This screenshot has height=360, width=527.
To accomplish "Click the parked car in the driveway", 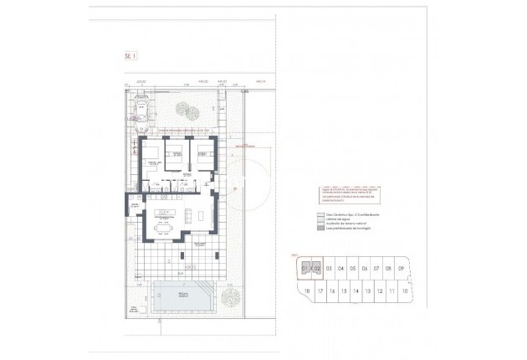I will pos(143,111).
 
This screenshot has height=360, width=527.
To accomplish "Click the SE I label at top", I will pos(130,56).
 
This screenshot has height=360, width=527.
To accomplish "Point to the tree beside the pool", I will pos(230,295).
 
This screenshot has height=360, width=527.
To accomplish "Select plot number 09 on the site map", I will pos(402,269).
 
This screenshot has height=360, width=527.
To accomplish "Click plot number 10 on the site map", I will pos(404,291).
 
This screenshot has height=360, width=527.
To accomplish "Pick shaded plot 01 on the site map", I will pos(305,269).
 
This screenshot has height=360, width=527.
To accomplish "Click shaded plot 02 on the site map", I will pos(317,269).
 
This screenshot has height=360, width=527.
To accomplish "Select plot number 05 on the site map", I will pos(353,269).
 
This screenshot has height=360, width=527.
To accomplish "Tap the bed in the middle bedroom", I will pos(177,152).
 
